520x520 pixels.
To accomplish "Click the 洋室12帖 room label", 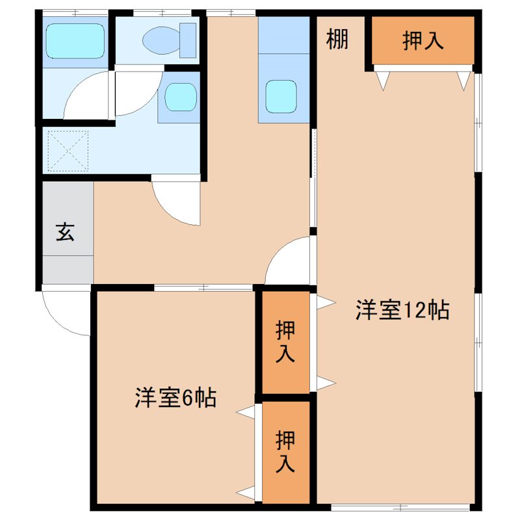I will point(402,310).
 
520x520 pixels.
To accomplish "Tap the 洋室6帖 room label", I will point(175,397).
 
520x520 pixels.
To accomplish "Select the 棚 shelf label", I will point(337,40).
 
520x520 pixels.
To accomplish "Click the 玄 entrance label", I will point(64,232).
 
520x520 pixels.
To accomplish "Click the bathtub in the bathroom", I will point(75,41).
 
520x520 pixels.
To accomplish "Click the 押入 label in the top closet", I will point(423,40).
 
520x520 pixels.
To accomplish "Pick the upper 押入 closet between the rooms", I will point(286,342).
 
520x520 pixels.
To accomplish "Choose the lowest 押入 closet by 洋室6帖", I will point(286,451).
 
